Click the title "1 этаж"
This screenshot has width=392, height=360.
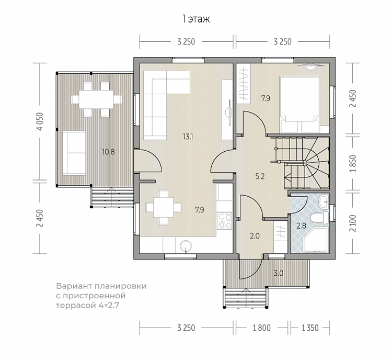point(196,19)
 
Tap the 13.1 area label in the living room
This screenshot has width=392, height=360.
point(188,137)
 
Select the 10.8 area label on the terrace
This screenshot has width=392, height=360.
point(109,152)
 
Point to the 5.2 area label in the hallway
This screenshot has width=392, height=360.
point(260,176)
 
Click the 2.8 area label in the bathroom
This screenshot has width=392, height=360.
point(301,226)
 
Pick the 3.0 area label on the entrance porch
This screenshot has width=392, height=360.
point(278,273)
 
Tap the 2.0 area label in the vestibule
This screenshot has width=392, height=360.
point(255,236)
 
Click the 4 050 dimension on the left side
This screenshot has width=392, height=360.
point(40,121)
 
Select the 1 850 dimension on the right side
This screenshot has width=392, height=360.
point(353,164)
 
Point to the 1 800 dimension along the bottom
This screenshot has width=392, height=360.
point(262,328)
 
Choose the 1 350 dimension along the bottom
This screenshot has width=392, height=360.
point(310,328)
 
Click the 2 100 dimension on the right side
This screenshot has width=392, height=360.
point(353,223)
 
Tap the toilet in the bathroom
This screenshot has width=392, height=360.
point(319,218)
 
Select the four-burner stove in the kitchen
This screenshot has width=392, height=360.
point(224,221)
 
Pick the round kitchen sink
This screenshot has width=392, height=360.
point(186,245)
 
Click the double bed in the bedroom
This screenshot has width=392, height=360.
point(299,105)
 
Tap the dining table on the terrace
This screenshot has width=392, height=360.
point(96,99)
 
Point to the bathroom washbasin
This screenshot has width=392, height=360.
point(324,201)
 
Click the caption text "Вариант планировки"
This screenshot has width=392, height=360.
point(101,286)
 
